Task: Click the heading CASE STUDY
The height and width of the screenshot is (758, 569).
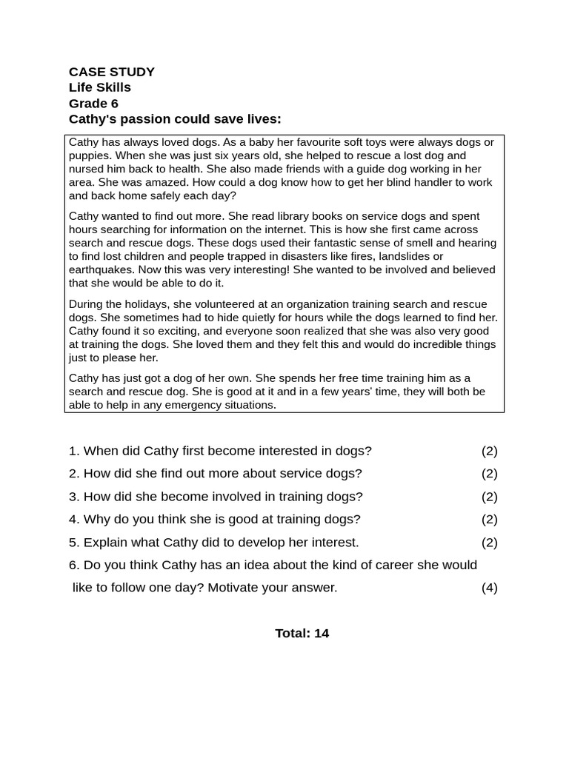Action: click(112, 72)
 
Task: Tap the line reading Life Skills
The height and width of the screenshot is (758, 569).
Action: click(100, 87)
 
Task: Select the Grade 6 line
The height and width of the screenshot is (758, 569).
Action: click(93, 104)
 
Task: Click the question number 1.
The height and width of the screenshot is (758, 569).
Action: click(73, 451)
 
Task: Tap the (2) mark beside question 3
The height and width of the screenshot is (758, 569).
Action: click(489, 497)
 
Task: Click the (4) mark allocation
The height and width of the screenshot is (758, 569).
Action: click(489, 588)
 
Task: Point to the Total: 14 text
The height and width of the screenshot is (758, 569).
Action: click(302, 633)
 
